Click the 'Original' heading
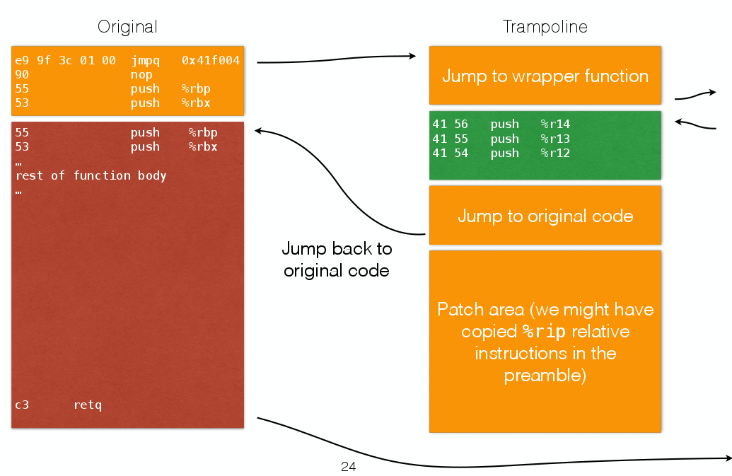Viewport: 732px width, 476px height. click(127, 27)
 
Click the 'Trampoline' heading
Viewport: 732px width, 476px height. click(545, 27)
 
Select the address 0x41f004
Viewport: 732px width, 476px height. click(211, 61)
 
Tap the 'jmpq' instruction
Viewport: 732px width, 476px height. click(145, 61)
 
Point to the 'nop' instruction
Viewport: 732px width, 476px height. click(141, 75)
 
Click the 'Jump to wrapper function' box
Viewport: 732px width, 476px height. click(545, 76)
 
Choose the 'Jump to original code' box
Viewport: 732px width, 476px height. click(545, 216)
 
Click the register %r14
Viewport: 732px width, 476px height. click(555, 124)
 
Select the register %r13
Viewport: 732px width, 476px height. click(555, 139)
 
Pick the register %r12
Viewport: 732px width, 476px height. click(555, 153)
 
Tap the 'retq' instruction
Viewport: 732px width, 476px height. click(88, 405)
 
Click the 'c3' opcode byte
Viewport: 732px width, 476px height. click(22, 405)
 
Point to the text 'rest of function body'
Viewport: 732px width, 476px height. click(91, 175)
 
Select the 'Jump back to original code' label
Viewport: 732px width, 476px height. click(337, 260)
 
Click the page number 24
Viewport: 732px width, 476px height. click(348, 467)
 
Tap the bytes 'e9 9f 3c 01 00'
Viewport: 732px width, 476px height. click(65, 61)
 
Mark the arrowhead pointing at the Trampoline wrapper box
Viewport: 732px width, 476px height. click(413, 55)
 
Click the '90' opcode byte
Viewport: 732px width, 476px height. click(22, 75)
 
